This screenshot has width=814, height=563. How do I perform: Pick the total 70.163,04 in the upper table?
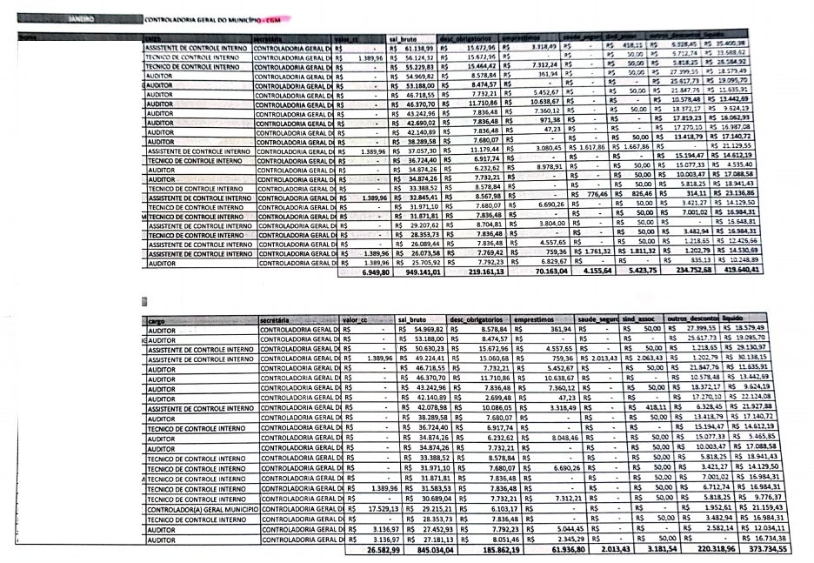[543, 271]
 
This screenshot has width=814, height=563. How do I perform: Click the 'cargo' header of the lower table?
[157, 321]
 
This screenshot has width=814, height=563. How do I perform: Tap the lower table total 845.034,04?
[426, 550]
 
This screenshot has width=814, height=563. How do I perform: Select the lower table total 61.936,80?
[550, 550]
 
